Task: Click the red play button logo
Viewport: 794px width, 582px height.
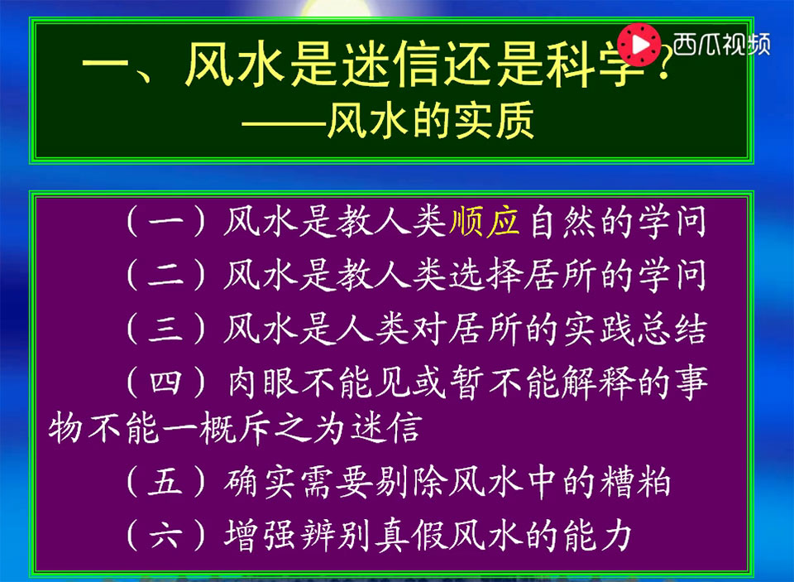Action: point(639,45)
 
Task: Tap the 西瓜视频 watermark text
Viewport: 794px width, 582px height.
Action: point(721,45)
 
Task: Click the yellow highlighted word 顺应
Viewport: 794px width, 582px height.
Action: point(485,222)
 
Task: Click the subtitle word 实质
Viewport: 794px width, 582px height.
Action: point(493,121)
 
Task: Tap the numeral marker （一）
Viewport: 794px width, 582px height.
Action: point(166,222)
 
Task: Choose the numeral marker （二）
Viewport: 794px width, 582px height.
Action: point(166,276)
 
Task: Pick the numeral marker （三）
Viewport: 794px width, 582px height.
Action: point(166,329)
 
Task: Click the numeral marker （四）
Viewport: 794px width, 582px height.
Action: point(166,382)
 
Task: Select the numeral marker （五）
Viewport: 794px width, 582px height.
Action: point(166,482)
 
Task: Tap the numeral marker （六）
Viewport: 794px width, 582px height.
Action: point(166,536)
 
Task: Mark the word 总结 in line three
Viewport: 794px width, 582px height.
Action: point(672,329)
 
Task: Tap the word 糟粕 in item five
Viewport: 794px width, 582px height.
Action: point(635,482)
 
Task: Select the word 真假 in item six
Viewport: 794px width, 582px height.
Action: point(410,536)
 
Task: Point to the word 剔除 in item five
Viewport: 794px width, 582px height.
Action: point(410,482)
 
